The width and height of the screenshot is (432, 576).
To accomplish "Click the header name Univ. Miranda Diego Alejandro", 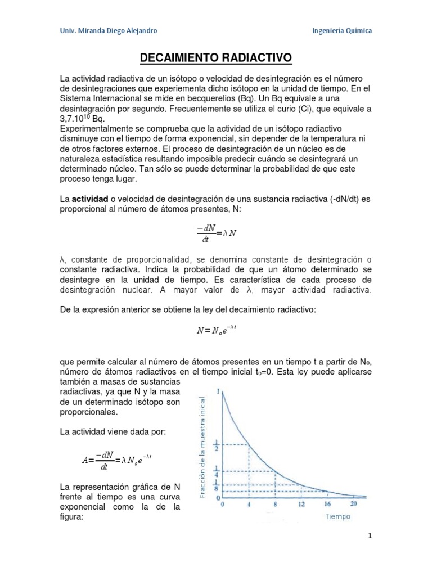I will [x=108, y=30].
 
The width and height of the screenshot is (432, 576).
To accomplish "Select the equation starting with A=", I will [x=117, y=461].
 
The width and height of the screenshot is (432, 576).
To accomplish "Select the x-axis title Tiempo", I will [x=337, y=516].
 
